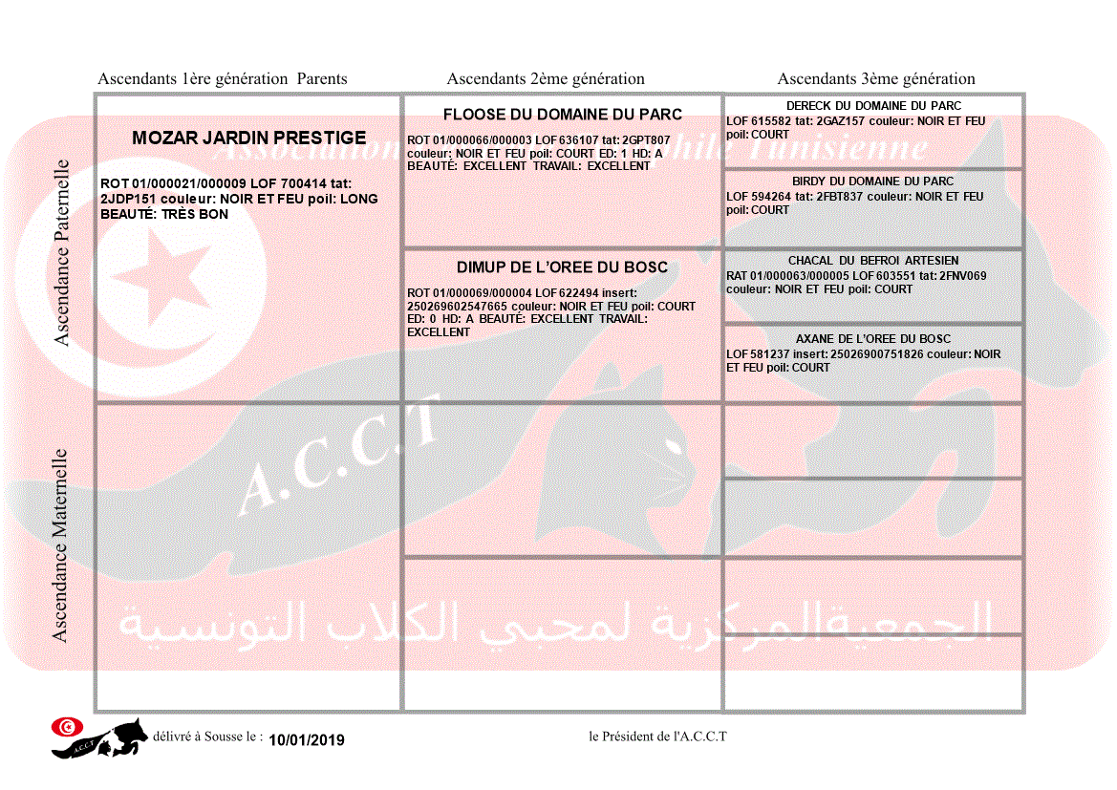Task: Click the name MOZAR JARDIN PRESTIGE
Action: point(248,139)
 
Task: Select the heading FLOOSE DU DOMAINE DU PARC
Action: point(562,115)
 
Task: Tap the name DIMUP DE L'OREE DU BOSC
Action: point(562,267)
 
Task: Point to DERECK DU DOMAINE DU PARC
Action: point(873,106)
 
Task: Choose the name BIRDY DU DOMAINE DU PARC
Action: point(872,181)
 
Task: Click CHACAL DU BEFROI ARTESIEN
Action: point(873,261)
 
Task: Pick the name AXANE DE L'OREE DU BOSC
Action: point(873,339)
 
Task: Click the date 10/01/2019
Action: point(306,740)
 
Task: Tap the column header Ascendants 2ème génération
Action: point(546,79)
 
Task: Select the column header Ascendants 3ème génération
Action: point(876,79)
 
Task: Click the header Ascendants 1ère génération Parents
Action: point(223,79)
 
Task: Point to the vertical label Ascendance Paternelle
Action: point(62,251)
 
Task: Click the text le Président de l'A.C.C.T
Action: point(658,737)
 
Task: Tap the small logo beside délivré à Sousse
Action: point(99,737)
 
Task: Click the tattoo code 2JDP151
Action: point(127,200)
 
